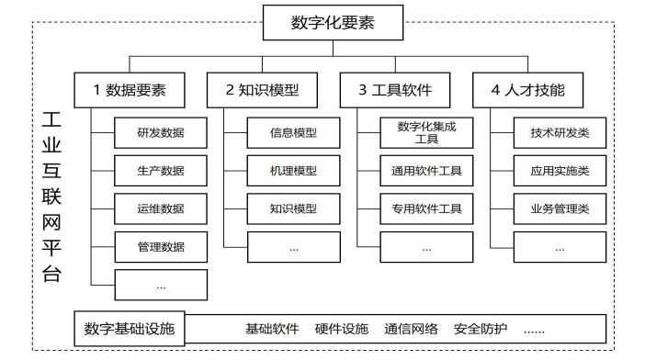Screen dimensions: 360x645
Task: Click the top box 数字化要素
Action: pyautogui.click(x=333, y=23)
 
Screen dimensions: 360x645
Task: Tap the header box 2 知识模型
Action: pyautogui.click(x=263, y=90)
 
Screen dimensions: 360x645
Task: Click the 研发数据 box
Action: pyautogui.click(x=161, y=133)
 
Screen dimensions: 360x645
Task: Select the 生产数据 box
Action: pyautogui.click(x=161, y=171)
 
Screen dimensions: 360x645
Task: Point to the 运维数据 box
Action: pyautogui.click(x=161, y=208)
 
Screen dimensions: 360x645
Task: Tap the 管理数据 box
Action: pyautogui.click(x=161, y=246)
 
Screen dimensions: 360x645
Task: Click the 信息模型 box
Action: pyautogui.click(x=293, y=133)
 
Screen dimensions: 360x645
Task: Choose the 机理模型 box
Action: pyautogui.click(x=293, y=171)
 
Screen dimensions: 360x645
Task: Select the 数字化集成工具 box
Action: pyautogui.click(x=426, y=133)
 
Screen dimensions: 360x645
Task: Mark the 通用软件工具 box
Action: pyautogui.click(x=426, y=171)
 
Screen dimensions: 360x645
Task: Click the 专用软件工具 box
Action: pyautogui.click(x=426, y=208)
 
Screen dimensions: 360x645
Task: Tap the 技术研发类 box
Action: pyautogui.click(x=560, y=133)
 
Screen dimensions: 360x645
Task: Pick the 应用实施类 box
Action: pyautogui.click(x=560, y=171)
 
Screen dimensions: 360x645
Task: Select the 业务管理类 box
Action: pyautogui.click(x=560, y=208)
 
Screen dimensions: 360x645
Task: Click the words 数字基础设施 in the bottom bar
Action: pyautogui.click(x=134, y=328)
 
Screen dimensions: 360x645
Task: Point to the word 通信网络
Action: pyautogui.click(x=412, y=329)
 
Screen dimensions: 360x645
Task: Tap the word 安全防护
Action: pyautogui.click(x=481, y=329)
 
